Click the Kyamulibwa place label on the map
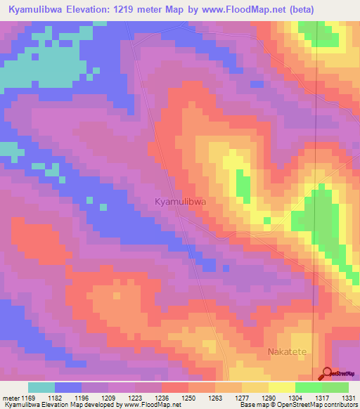tap(180, 202)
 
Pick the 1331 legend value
tap(349, 398)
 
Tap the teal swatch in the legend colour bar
tap(41, 387)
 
